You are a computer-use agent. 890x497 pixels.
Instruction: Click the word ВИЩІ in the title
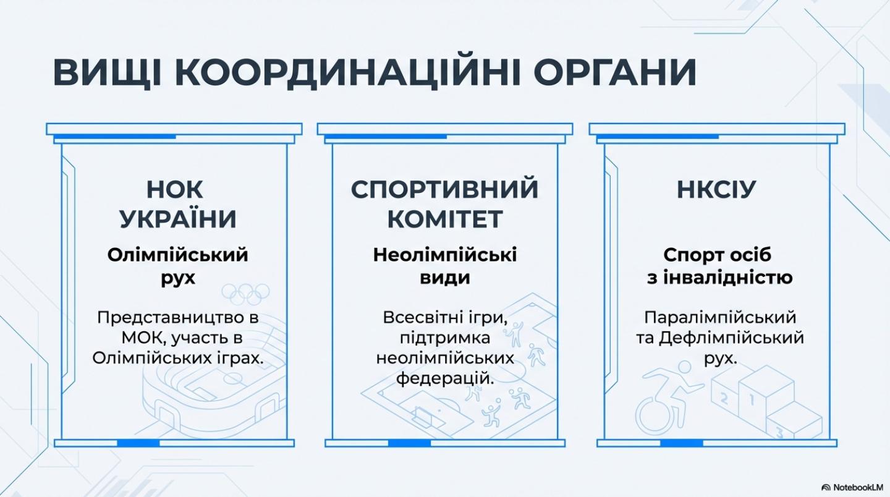108,73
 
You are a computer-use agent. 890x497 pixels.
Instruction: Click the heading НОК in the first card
174,190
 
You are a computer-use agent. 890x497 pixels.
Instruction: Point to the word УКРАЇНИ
178,218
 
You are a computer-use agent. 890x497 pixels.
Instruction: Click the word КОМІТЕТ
445,218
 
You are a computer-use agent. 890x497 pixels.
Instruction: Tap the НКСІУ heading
716,190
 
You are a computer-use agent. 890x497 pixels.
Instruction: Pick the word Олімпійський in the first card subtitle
177,255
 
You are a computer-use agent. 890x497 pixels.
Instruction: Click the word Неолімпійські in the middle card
445,255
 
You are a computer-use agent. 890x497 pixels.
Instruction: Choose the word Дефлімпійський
731,339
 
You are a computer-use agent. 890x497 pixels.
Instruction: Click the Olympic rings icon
245,293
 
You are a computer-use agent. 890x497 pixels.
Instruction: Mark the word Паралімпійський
720,318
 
